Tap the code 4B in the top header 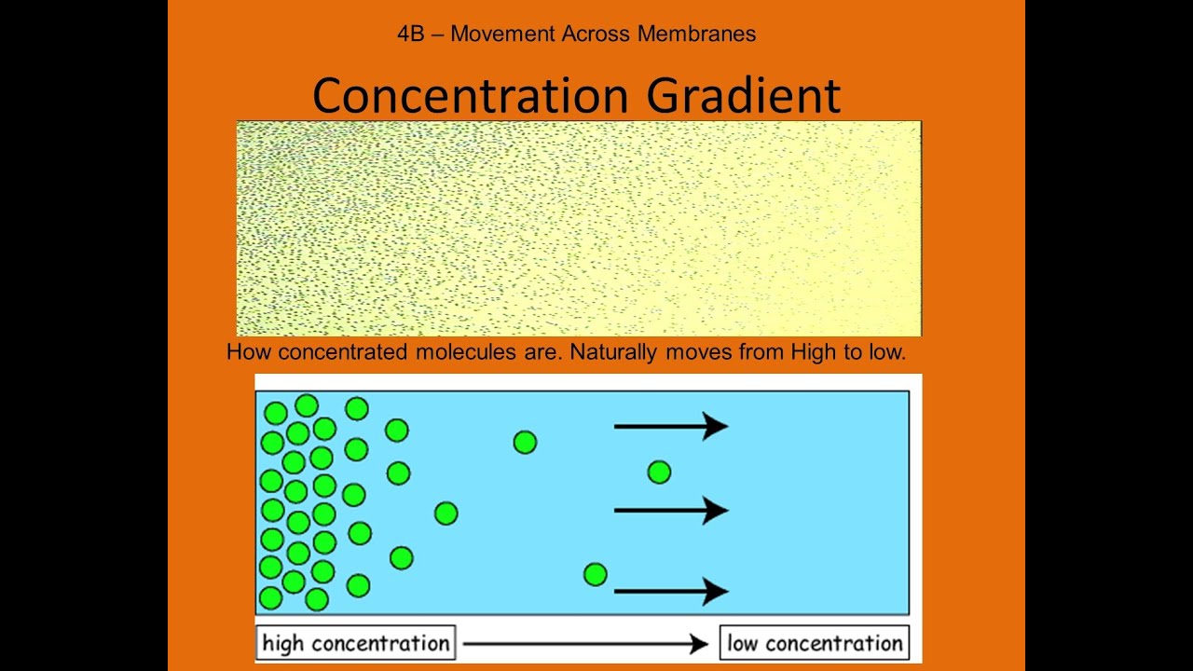click(411, 34)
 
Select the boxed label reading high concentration click(355, 643)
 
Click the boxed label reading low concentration click(815, 643)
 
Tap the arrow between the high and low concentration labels click(585, 643)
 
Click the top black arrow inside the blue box click(670, 426)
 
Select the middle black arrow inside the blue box click(670, 510)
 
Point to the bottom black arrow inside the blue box click(670, 591)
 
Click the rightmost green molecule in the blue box click(659, 472)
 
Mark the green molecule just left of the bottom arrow click(596, 575)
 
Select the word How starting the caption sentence click(249, 352)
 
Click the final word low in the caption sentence click(886, 352)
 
